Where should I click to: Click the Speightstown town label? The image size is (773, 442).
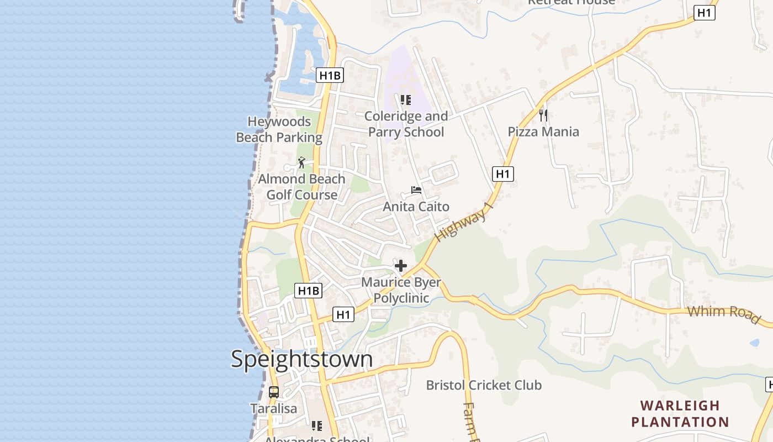[301, 359]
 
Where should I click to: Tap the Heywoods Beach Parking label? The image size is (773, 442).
[279, 129]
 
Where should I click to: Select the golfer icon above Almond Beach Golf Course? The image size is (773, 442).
[301, 162]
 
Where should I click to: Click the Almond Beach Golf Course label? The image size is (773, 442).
[301, 187]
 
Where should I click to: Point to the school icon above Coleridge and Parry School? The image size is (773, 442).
[406, 100]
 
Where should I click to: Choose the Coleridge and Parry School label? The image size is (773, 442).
[406, 124]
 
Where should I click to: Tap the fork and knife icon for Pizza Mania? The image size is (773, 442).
[543, 115]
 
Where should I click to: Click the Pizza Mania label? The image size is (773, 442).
[543, 131]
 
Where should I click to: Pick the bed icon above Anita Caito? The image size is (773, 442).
[416, 191]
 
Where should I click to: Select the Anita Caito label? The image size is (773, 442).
[416, 207]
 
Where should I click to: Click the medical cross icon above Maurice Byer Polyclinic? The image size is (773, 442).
[401, 266]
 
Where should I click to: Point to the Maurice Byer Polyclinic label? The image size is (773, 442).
[401, 290]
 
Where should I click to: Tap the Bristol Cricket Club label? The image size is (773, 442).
[484, 385]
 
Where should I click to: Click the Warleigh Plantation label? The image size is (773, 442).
[680, 414]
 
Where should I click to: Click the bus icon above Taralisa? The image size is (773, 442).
[274, 392]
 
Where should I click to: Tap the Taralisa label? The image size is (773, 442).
[274, 409]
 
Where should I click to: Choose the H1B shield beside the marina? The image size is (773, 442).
[330, 75]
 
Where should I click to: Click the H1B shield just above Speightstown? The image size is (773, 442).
[308, 291]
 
